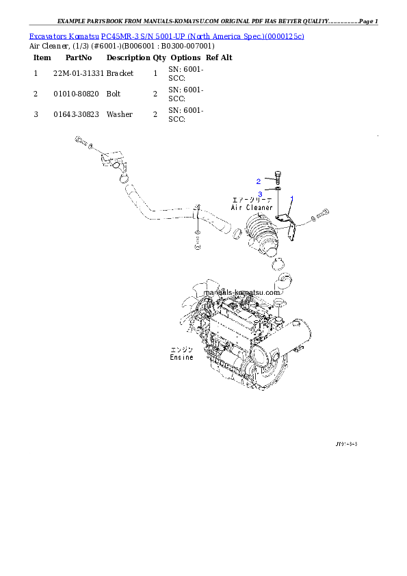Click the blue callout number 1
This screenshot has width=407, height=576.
point(292,198)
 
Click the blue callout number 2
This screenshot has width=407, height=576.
point(259,181)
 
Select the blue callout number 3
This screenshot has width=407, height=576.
point(261,194)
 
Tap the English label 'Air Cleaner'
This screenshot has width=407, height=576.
point(252,207)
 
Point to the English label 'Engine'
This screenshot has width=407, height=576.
point(182,358)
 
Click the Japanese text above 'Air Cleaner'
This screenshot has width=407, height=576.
point(252,200)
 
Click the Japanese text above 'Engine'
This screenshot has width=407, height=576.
point(182,350)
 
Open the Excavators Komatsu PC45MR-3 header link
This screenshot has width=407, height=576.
point(166,36)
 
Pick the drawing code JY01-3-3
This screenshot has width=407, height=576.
point(347,444)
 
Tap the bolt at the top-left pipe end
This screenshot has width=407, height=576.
point(81,142)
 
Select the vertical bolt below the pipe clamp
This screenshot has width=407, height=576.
point(197,239)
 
